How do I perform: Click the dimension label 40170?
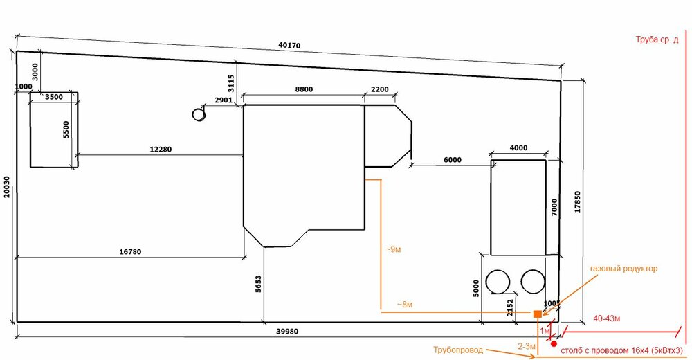(289, 45)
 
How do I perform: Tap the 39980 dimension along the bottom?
(287, 332)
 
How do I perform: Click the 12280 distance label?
(161, 150)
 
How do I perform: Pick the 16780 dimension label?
(130, 252)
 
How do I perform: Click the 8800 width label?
(304, 89)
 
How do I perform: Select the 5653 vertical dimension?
(258, 284)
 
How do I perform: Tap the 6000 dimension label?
(453, 160)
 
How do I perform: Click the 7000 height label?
(555, 207)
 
